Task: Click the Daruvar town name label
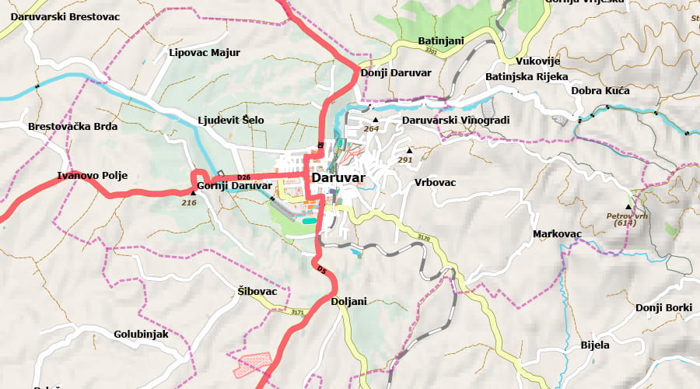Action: click(x=338, y=177)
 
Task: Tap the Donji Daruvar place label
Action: click(x=396, y=72)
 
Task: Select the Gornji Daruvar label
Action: click(x=234, y=186)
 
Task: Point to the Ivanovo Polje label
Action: click(x=93, y=175)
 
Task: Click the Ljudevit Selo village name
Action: click(x=231, y=120)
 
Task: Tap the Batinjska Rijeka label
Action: click(x=527, y=76)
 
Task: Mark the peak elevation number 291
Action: click(x=405, y=159)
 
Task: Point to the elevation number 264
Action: click(x=372, y=129)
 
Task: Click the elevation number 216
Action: click(x=189, y=202)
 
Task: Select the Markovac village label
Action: click(x=557, y=233)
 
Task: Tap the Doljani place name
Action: click(x=348, y=301)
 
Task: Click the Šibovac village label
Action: click(x=257, y=291)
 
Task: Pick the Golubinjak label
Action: click(x=141, y=334)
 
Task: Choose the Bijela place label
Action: click(x=595, y=345)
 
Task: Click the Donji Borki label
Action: click(x=663, y=307)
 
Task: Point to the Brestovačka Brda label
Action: click(x=72, y=126)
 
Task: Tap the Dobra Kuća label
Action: click(x=600, y=90)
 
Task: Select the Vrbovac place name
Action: click(x=435, y=182)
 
